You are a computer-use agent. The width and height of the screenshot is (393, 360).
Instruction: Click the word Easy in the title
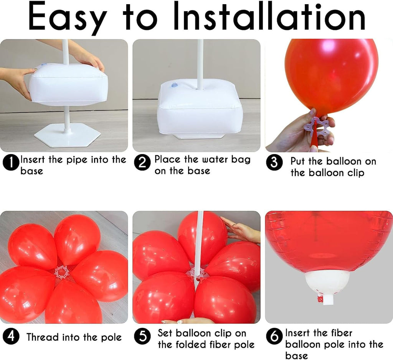click(68, 17)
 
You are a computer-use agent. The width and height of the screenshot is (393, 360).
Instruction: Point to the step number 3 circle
click(274, 163)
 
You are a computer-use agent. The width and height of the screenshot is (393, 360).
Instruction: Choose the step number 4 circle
click(11, 337)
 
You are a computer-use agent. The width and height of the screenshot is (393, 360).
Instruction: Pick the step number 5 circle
click(142, 337)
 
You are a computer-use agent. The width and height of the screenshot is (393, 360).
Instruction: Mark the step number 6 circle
click(274, 337)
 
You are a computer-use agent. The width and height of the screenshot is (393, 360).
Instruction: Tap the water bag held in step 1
click(68, 84)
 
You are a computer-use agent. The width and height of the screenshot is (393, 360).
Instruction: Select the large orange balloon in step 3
click(331, 73)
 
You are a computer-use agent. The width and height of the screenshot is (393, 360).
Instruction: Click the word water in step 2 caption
click(203, 159)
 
